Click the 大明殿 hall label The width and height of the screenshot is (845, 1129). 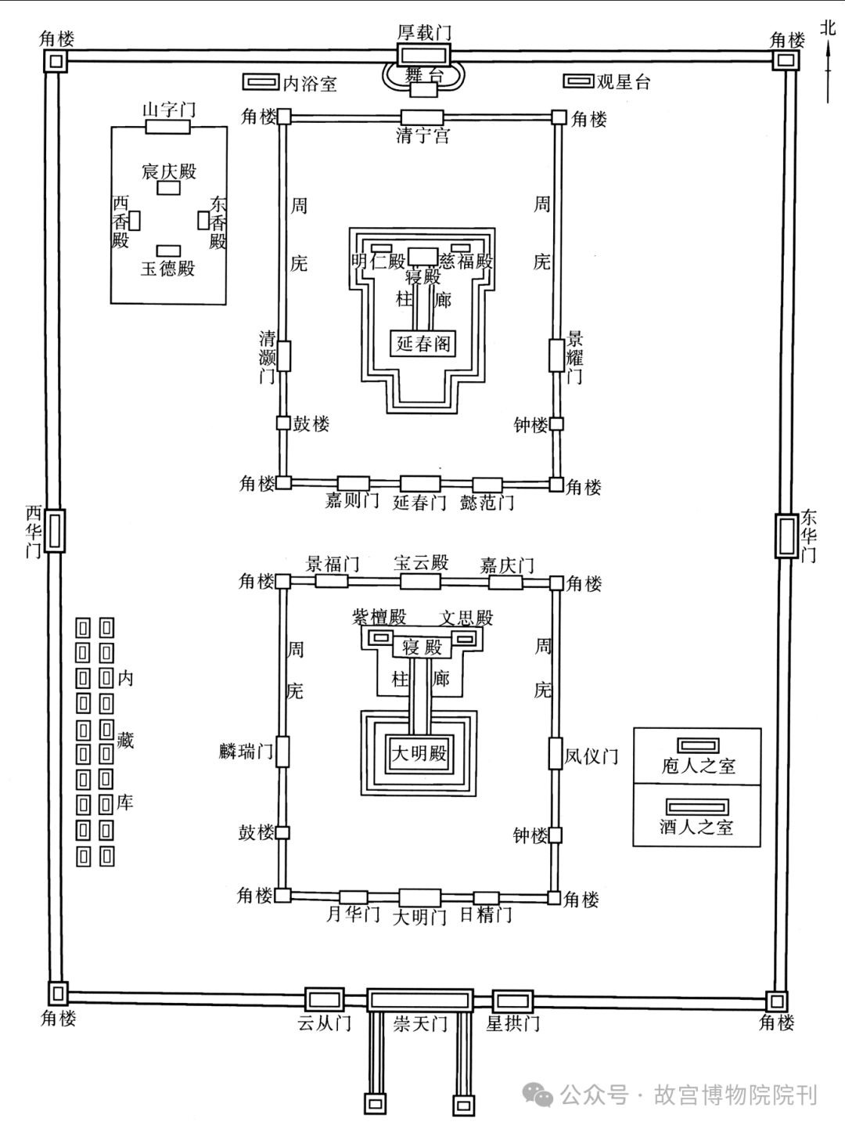point(419,754)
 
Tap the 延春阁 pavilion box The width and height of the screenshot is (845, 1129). point(422,343)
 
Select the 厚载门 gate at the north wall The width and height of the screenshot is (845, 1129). point(424,54)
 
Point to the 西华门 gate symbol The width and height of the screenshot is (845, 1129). point(54,530)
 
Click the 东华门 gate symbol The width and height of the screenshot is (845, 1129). point(786,536)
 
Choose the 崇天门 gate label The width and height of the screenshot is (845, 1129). point(420,1024)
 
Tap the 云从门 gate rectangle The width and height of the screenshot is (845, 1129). point(325,1000)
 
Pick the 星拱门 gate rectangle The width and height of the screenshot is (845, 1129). point(512,1001)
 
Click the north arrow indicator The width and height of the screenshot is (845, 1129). point(827,70)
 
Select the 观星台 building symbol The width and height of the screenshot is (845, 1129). point(578,81)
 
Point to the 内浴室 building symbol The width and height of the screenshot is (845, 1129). point(261,82)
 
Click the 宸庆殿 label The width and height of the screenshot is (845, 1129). point(169,171)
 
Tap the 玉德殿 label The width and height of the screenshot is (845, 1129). point(167,269)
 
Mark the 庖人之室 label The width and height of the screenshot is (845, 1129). point(698,766)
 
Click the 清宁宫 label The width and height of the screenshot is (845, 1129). point(422,135)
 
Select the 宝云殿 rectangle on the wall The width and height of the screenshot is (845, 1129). point(421,581)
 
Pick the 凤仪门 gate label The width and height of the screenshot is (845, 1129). point(591,756)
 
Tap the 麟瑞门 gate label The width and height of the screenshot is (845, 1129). point(246,752)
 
